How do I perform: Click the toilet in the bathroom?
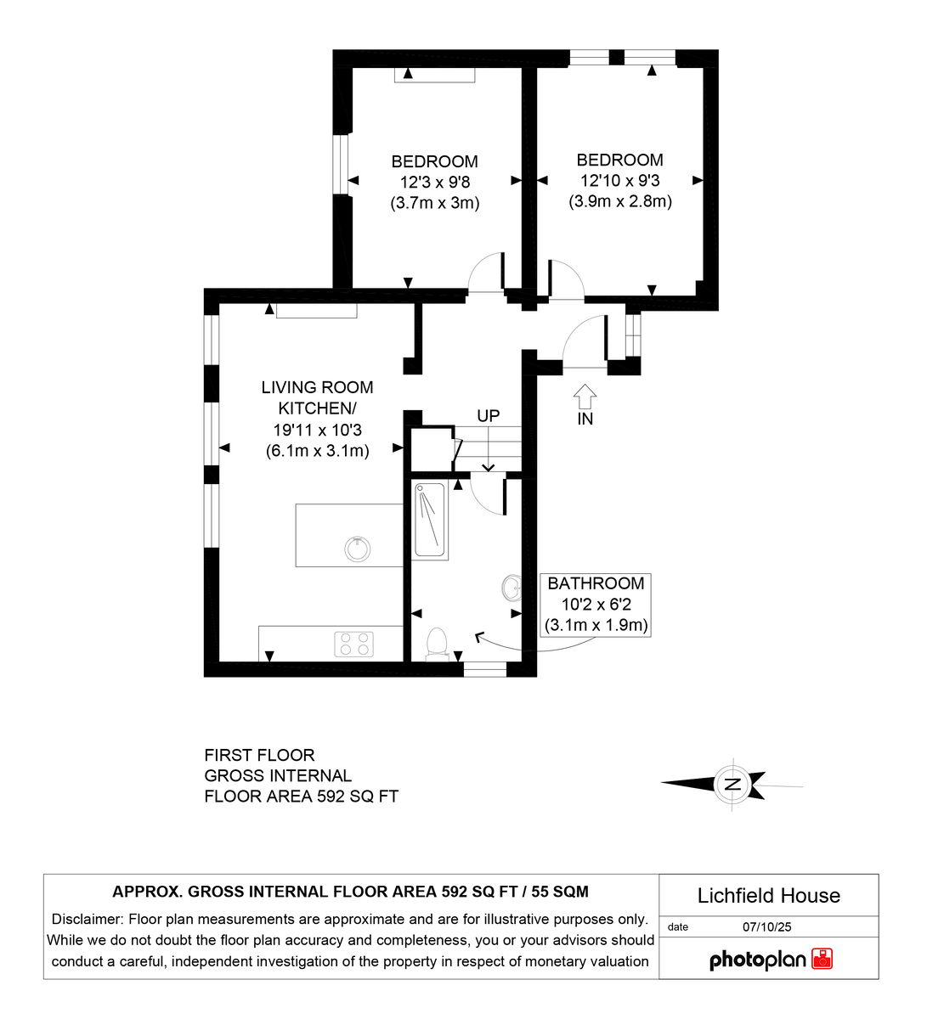click(436, 645)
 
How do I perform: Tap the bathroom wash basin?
click(512, 588)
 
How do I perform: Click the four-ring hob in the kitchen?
click(354, 645)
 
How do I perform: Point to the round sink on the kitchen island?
click(357, 549)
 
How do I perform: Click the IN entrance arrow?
click(585, 396)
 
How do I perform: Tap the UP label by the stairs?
click(489, 416)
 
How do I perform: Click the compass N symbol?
click(732, 784)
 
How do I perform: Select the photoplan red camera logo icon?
click(822, 959)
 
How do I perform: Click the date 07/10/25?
click(766, 927)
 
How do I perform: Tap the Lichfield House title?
click(768, 896)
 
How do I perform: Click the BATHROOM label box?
click(596, 605)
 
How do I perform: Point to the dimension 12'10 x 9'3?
click(620, 180)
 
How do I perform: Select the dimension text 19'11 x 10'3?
click(317, 431)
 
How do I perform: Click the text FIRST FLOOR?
click(259, 756)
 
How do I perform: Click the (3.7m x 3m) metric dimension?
click(435, 203)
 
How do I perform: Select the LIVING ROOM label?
click(317, 387)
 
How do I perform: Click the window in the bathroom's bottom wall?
click(485, 669)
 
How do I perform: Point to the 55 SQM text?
click(560, 892)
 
